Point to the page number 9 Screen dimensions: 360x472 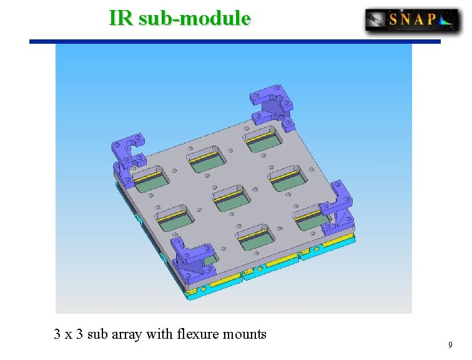pos(450,345)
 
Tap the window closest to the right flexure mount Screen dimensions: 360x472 pos(313,216)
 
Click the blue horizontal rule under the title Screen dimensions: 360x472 pos(235,41)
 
